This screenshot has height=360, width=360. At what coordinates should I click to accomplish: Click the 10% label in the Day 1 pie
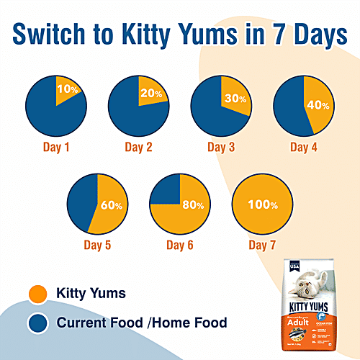click(67, 90)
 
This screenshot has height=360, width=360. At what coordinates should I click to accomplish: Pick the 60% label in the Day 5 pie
click(112, 206)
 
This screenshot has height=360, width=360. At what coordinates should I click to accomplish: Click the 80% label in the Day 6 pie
click(192, 205)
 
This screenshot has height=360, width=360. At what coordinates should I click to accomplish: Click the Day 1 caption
click(56, 148)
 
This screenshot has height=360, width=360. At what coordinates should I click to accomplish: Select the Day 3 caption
click(222, 148)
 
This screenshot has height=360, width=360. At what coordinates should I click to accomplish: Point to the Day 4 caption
click(305, 148)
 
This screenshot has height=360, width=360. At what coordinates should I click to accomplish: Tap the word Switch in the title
click(59, 35)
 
